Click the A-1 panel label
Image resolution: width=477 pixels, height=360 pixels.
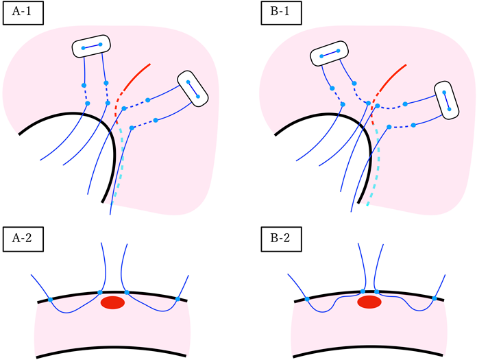[x=23, y=13]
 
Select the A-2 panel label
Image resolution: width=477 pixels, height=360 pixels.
[x=23, y=240]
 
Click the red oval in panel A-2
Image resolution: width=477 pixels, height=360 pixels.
[x=112, y=302]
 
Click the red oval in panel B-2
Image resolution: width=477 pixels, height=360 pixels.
[x=369, y=302]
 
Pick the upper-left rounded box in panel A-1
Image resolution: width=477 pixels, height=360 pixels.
[x=91, y=47]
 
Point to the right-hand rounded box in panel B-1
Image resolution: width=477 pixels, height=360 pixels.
[x=448, y=100]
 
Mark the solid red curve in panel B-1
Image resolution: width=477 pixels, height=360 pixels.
[x=393, y=75]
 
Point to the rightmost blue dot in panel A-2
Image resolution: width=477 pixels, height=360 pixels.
[x=178, y=299]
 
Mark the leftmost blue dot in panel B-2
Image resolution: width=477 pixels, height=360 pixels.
[x=306, y=300]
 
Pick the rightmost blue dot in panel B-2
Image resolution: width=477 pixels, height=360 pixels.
[x=435, y=299]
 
